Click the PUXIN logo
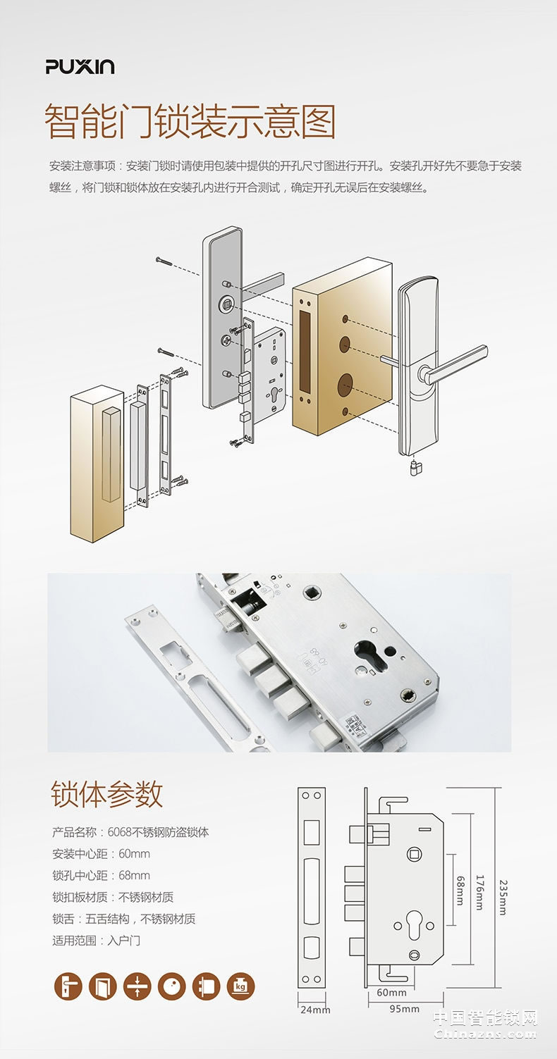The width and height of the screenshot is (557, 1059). pyautogui.click(x=80, y=67)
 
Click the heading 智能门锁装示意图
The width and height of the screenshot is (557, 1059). pyautogui.click(x=190, y=122)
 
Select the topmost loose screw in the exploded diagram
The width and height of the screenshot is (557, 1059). pyautogui.click(x=163, y=260)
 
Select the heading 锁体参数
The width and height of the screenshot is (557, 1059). pyautogui.click(x=106, y=794)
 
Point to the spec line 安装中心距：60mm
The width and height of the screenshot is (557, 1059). pyautogui.click(x=101, y=854)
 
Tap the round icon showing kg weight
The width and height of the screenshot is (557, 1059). pyautogui.click(x=240, y=987)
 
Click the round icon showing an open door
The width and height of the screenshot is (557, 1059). pyautogui.click(x=103, y=987)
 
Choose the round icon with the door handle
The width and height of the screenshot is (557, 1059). pyautogui.click(x=68, y=987)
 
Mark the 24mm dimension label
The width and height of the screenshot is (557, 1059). pyautogui.click(x=315, y=1010)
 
